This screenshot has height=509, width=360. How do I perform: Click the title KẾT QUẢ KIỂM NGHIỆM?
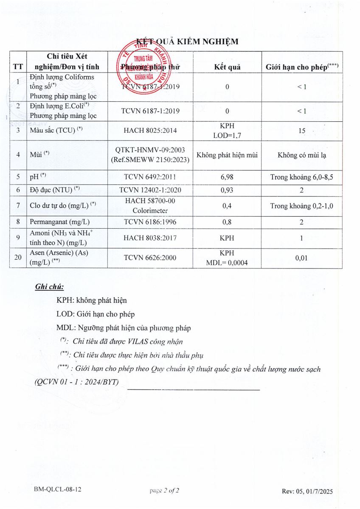tap(187, 41)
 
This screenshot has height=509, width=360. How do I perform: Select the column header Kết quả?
tap(227, 67)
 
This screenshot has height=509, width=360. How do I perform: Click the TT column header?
tap(18, 67)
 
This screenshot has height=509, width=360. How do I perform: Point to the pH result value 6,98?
tap(227, 177)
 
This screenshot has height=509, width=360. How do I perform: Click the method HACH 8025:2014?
tap(150, 131)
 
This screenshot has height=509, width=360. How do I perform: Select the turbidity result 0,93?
tap(227, 190)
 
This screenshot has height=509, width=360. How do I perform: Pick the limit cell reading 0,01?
tap(301, 257)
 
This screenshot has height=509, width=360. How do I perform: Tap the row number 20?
tap(18, 257)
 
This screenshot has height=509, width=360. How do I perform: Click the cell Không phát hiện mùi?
tap(227, 155)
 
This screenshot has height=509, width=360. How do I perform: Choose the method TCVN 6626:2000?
tap(150, 257)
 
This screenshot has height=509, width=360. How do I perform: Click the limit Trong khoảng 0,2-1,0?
tap(301, 206)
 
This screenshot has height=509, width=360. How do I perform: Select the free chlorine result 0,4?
tap(227, 206)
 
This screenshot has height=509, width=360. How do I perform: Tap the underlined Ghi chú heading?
tap(49, 287)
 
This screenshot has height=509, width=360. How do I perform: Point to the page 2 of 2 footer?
tap(164, 491)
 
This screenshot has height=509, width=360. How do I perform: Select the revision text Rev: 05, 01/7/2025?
tap(307, 491)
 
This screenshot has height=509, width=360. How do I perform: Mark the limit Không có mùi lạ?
tap(301, 155)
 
